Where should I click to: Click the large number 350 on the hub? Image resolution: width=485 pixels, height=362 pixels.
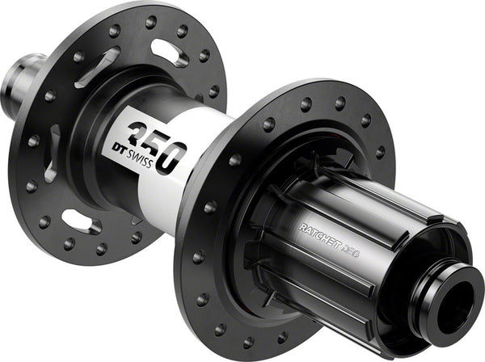point(158,145)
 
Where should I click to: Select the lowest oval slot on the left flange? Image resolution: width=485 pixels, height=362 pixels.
point(82,221)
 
